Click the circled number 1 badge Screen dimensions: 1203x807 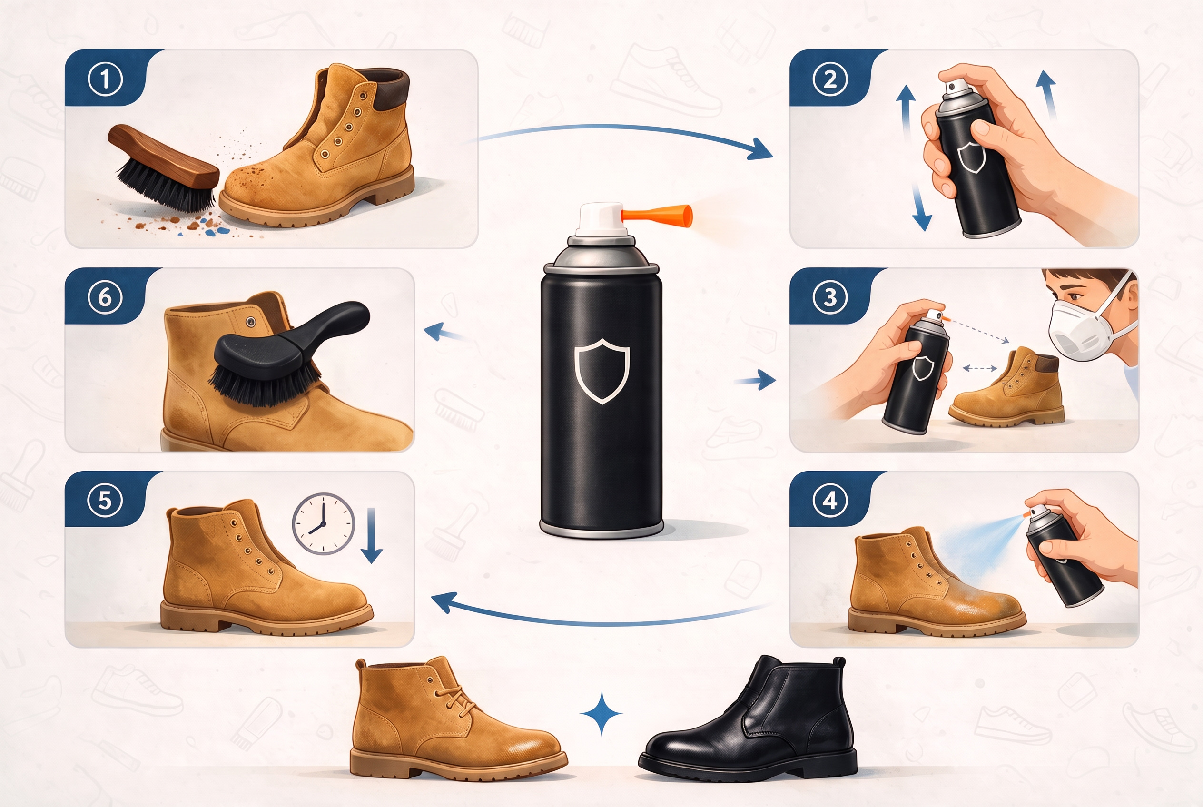[105, 79]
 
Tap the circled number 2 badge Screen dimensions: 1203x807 [830, 79]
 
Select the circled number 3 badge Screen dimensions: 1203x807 [830, 297]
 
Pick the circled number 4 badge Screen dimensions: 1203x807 [830, 500]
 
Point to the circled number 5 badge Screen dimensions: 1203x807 [105, 500]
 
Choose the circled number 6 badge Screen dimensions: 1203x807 [105, 297]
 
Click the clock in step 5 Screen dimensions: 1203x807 [323, 523]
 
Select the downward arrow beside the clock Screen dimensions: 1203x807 [372, 536]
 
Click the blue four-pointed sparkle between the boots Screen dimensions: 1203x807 [601, 714]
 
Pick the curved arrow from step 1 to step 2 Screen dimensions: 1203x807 [625, 127]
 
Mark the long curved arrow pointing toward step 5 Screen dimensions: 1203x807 [597, 623]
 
